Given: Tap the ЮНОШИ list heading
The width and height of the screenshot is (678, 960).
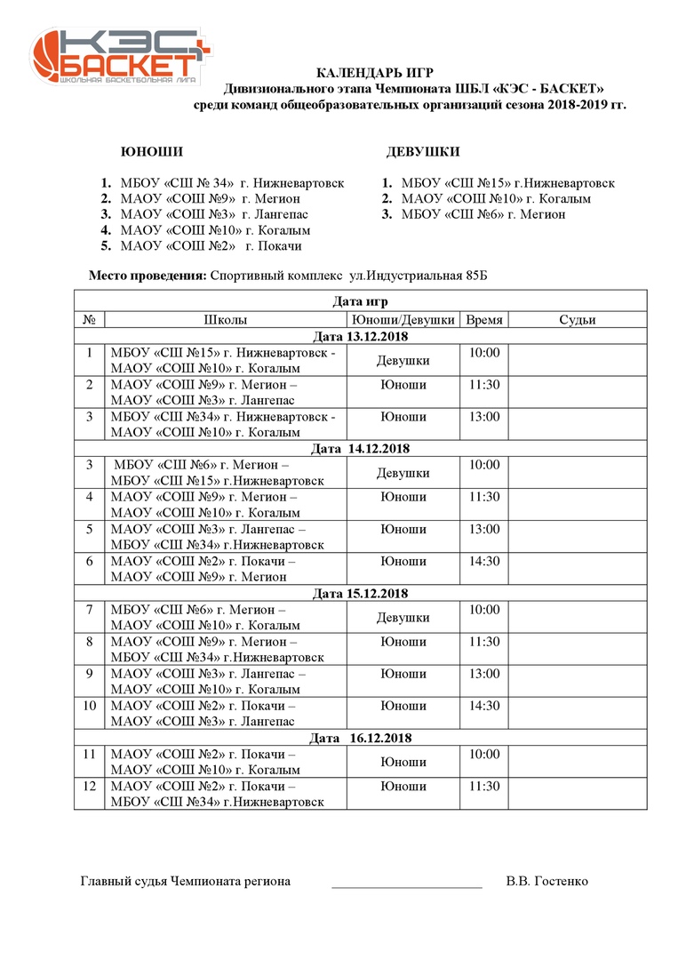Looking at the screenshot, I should (x=152, y=152).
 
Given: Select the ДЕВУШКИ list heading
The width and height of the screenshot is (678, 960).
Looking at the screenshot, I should (x=423, y=152).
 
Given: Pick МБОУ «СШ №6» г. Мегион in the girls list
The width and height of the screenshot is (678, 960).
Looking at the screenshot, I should (x=483, y=214).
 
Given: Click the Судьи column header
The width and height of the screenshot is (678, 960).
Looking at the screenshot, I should (x=577, y=320).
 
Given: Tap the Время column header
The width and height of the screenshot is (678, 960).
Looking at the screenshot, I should (x=484, y=320).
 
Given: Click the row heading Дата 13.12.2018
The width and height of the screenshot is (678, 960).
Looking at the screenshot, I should (x=361, y=336).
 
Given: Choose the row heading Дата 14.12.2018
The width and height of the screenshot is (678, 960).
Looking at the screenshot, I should (x=361, y=449).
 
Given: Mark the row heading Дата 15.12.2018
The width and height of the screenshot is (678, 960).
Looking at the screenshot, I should (x=361, y=594).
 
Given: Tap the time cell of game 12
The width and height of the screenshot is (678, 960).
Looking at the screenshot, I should (x=484, y=787).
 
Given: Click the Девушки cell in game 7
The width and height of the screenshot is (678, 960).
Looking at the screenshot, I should (x=403, y=618).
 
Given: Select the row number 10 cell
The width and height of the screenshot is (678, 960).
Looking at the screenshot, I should (x=89, y=706).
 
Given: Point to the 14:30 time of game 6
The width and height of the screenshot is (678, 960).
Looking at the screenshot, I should (x=484, y=562).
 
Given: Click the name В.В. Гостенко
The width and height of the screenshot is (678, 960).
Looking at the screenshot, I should (x=546, y=882).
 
